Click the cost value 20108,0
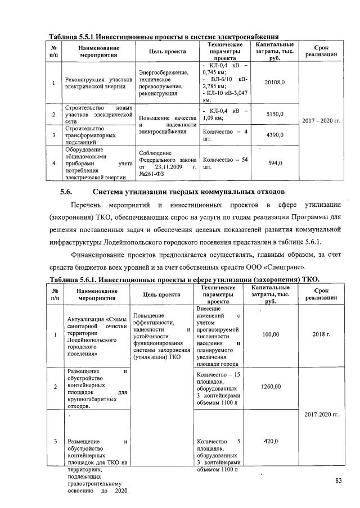coord(275,83)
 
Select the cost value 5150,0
coord(275,115)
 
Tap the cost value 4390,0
coord(275,135)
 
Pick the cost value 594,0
coord(275,163)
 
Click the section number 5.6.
coord(67,193)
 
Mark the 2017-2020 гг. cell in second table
coord(321,414)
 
